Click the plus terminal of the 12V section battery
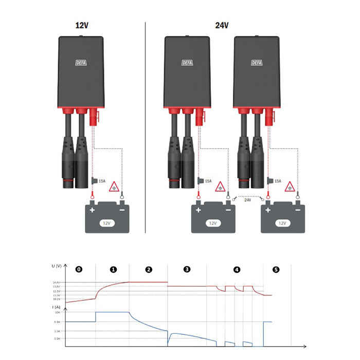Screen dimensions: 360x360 click(93, 210)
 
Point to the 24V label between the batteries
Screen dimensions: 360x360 click(248, 200)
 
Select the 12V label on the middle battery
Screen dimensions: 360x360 click(212, 224)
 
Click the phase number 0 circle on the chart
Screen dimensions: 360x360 click(78, 269)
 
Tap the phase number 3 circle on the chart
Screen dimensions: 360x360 click(187, 269)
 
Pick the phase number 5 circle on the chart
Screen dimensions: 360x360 click(276, 269)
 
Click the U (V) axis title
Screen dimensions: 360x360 click(57, 266)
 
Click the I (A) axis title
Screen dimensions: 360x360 click(56, 307)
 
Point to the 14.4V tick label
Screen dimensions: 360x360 click(57, 282)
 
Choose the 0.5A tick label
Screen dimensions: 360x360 click(58, 339)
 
